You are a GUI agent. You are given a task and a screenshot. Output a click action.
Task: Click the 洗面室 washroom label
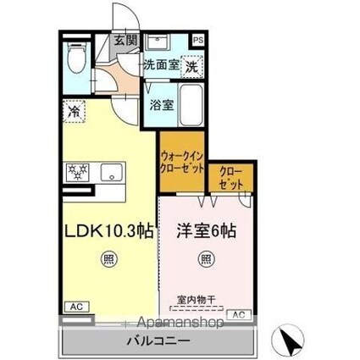tap(159, 64)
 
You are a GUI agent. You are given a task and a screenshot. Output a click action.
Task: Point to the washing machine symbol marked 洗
tap(192, 65)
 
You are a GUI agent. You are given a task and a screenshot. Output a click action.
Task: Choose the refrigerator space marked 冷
tap(75, 112)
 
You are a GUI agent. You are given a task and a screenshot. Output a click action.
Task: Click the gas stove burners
tap(76, 172)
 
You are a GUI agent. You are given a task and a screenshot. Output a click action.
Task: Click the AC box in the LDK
tap(75, 307)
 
